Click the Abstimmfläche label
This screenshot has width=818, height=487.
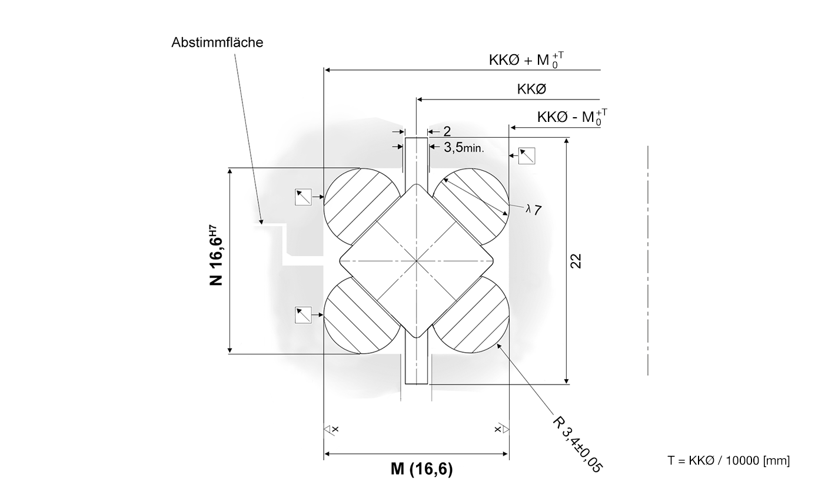[217, 43]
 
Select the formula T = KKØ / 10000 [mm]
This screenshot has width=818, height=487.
[729, 461]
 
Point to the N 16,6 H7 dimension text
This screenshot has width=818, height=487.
[216, 255]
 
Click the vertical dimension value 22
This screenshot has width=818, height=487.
[576, 261]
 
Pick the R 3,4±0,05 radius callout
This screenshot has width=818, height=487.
[577, 443]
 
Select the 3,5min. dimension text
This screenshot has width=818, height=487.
[464, 148]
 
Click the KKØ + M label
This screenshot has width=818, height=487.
[526, 60]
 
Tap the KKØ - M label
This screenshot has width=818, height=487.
[572, 117]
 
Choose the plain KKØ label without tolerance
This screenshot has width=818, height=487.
[531, 89]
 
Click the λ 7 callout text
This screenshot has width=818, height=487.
[534, 210]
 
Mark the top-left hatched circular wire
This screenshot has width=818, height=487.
[361, 206]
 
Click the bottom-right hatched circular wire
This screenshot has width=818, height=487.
[471, 314]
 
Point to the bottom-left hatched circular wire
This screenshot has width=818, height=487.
[361, 315]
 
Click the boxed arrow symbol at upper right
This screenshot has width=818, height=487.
[527, 156]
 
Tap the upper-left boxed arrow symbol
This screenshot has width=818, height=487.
[303, 197]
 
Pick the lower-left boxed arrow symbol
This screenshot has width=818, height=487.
[303, 315]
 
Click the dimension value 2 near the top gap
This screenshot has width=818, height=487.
[447, 131]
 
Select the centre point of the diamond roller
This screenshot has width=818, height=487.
[416, 261]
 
